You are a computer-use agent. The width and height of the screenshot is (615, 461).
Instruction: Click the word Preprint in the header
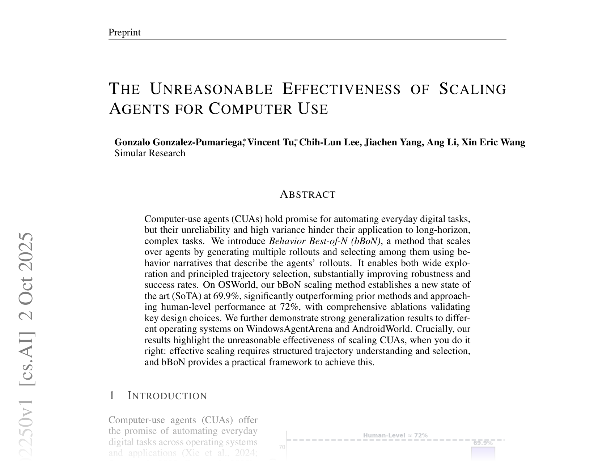tap(124, 33)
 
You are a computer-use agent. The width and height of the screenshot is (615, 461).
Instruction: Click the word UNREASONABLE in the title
tap(211, 89)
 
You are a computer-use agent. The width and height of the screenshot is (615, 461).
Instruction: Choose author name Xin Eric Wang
tap(493, 142)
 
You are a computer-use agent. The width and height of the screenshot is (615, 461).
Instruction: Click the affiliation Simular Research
tap(150, 153)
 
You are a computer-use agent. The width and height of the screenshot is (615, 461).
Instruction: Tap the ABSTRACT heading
tap(307, 195)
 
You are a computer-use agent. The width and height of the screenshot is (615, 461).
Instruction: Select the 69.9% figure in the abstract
tap(226, 296)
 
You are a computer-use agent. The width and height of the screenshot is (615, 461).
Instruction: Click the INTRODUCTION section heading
tap(167, 396)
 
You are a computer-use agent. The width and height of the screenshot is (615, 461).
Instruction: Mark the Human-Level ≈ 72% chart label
tap(395, 435)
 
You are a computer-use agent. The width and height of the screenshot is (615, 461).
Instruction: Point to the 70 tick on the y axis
tap(282, 447)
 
